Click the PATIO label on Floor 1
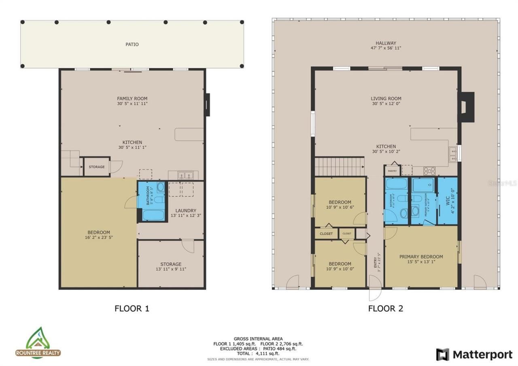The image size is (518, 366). click(x=132, y=44)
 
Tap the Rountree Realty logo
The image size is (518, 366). click(x=38, y=343)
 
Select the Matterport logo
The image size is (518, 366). click(x=474, y=355)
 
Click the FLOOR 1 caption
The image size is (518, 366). click(x=132, y=309)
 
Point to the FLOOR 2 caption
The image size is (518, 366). click(x=385, y=309)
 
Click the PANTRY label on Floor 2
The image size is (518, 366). click(x=392, y=171)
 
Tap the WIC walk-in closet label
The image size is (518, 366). click(x=448, y=201)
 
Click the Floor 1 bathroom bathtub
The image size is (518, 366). click(x=153, y=215)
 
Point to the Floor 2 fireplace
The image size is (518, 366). click(x=466, y=107)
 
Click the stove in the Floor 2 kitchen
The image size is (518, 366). click(x=429, y=171)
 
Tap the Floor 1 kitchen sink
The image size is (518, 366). click(x=186, y=175)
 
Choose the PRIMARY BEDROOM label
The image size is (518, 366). click(x=421, y=256)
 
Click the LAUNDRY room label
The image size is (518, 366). click(x=186, y=211)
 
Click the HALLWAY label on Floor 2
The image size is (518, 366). click(x=386, y=43)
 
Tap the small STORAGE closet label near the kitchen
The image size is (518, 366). click(x=97, y=167)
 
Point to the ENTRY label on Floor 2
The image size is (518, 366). click(x=375, y=262)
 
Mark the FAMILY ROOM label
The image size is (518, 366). click(x=132, y=98)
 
